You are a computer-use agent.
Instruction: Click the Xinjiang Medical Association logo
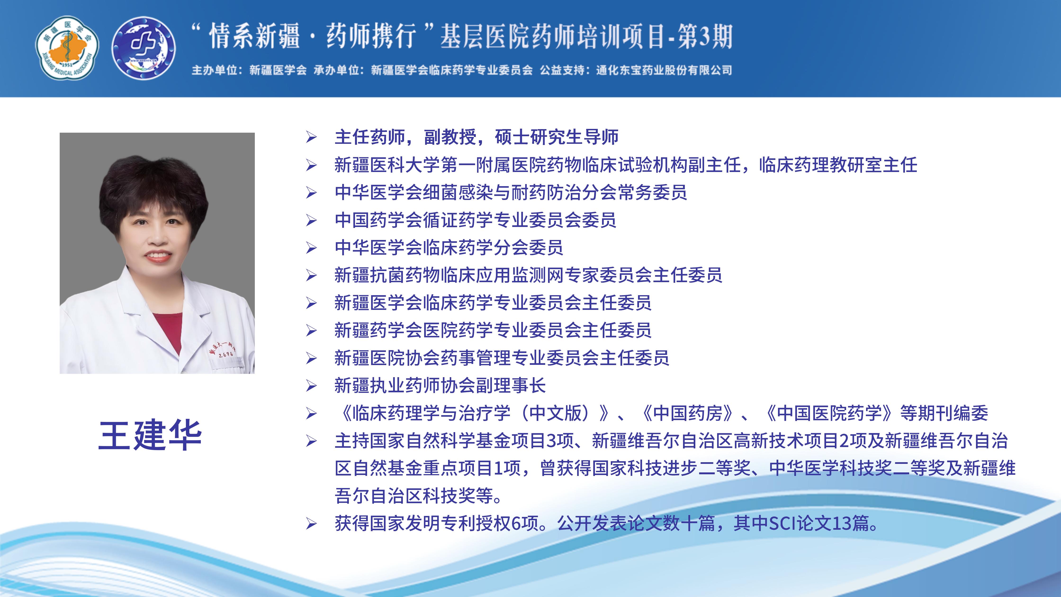tap(67, 48)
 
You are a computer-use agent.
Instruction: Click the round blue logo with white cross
tap(144, 48)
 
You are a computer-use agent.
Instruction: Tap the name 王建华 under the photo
tap(150, 435)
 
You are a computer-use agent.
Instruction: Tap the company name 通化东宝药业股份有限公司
tap(664, 70)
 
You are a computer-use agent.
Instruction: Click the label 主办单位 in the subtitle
tap(214, 70)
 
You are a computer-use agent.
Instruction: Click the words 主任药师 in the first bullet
tap(370, 137)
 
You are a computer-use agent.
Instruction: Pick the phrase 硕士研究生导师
tap(557, 137)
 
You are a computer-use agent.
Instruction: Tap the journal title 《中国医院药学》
tap(829, 413)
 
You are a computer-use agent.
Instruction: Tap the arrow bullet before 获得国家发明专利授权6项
tap(311, 524)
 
